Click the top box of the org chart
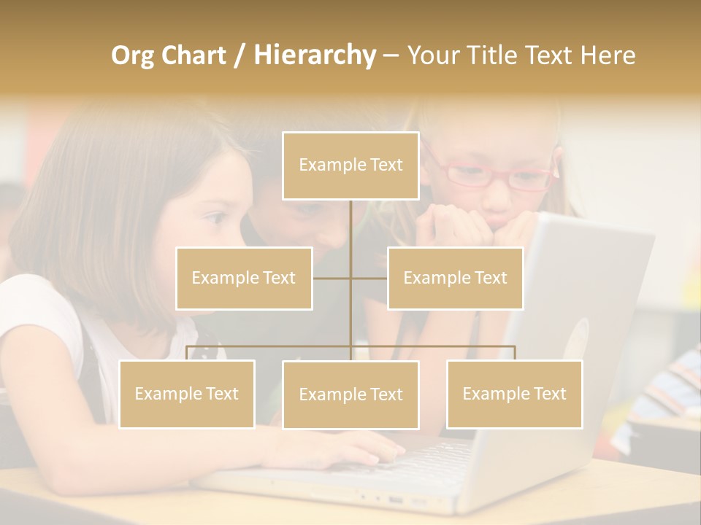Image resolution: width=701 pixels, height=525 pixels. pos(350,166)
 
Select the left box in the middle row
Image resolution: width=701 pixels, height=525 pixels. pos(244,279)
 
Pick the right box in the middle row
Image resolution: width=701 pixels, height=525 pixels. pos(455,279)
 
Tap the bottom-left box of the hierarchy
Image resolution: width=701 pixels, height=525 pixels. pos(187,394)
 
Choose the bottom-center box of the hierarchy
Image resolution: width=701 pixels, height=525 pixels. pos(350,395)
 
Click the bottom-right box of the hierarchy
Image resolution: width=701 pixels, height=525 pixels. pos(514,394)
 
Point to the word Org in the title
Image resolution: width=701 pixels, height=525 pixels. pos(134,55)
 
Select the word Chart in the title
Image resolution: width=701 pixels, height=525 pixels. pos(194,55)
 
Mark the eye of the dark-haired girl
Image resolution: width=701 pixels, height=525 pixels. pos(217,217)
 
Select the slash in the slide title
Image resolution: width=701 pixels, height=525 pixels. pos(240,55)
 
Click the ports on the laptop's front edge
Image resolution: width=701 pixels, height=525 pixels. pos(398,500)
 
